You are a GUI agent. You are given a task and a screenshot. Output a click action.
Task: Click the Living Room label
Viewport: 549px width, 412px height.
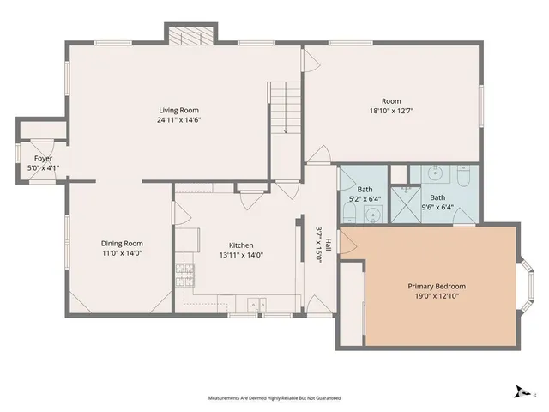[x=178, y=110]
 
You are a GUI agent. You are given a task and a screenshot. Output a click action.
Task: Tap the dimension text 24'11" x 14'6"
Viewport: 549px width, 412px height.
[x=178, y=120]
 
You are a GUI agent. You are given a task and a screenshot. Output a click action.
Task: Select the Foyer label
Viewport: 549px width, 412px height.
[x=43, y=159]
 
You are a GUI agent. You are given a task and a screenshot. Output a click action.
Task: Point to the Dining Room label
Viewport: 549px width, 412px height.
[x=122, y=243]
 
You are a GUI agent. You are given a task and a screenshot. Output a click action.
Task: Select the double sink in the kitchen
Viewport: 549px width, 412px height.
[x=255, y=304]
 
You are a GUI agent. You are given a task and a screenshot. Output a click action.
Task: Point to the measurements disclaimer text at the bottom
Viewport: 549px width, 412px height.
[x=274, y=398]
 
